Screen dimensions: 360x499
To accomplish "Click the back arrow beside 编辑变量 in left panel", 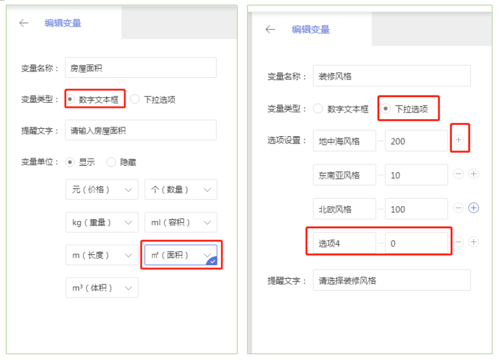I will click(x=23, y=23).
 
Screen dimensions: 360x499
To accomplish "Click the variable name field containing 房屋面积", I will click(x=140, y=68).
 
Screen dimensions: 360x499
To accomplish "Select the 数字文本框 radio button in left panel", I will click(x=70, y=99).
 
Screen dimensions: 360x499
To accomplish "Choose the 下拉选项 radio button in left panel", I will click(x=135, y=99).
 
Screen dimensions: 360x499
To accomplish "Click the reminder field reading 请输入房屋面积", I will click(x=140, y=130).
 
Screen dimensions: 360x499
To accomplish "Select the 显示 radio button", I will click(x=70, y=162).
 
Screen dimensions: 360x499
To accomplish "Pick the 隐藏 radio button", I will click(x=111, y=162).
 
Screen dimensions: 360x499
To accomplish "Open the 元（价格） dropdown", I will click(x=102, y=190).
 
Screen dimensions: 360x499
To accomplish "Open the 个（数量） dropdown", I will click(x=181, y=190).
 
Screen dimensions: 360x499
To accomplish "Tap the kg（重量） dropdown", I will click(x=102, y=223).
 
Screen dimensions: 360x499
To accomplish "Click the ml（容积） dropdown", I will click(x=181, y=223).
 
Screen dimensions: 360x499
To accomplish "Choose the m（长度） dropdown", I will click(x=102, y=256).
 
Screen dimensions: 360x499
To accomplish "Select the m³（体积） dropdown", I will click(x=102, y=288).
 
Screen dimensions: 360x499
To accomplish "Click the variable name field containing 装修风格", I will click(x=391, y=76).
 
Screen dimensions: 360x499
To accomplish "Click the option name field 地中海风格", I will click(x=344, y=141).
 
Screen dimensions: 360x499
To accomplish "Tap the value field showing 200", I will click(x=416, y=141).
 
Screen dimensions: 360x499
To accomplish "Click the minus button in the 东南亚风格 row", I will click(x=458, y=174).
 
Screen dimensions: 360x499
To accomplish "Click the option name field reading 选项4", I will click(x=344, y=243).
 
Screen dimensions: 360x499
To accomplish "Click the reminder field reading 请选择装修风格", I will click(x=391, y=280).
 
